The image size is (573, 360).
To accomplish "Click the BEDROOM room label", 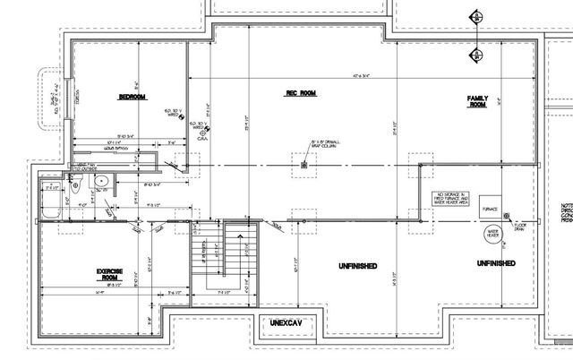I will tap(133, 97).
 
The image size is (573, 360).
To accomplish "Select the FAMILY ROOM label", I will tap(476, 100).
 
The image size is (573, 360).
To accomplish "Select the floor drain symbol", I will tap(506, 216).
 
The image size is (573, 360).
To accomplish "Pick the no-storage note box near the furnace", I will tap(452, 198).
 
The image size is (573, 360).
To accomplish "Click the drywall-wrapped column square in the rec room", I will tap(304, 164).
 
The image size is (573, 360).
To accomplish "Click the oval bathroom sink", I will tap(101, 182).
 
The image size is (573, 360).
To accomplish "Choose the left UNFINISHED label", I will tap(356, 267).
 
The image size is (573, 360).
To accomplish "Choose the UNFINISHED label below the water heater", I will tap(495, 263).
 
